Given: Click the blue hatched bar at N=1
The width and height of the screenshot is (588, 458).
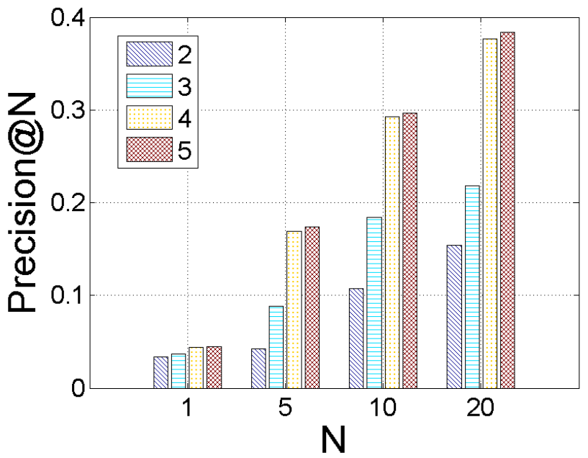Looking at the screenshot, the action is (161, 372).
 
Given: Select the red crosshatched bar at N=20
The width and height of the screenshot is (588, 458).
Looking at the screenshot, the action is (507, 210).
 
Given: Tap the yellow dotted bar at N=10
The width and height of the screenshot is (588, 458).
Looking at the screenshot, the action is (392, 253).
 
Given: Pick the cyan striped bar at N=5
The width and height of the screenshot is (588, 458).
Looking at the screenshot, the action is (276, 347).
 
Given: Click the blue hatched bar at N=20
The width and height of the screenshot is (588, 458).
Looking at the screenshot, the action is (454, 317).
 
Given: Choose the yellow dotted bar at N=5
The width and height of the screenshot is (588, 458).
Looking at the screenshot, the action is (294, 310).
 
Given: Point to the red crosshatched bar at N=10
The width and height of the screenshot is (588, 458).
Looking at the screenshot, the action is (410, 251).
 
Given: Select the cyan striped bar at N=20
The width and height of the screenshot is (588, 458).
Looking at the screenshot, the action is (473, 287).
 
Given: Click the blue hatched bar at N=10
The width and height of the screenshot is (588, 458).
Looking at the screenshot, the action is (356, 338).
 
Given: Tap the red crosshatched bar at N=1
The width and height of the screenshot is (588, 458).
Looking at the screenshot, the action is (214, 367).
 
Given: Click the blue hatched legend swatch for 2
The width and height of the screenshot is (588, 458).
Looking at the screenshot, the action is (149, 54).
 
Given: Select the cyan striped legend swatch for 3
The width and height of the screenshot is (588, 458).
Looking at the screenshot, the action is (149, 86).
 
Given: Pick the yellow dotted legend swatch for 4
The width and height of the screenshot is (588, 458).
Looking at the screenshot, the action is (149, 117).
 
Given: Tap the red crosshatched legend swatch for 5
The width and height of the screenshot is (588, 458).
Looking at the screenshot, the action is (149, 149).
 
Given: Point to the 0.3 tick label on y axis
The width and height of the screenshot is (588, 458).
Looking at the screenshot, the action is (68, 110).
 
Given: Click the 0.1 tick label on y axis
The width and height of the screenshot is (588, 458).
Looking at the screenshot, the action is (68, 295).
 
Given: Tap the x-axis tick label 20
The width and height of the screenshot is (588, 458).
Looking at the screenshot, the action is (480, 407).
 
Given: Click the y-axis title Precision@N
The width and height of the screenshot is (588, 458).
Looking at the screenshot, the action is (22, 202).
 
